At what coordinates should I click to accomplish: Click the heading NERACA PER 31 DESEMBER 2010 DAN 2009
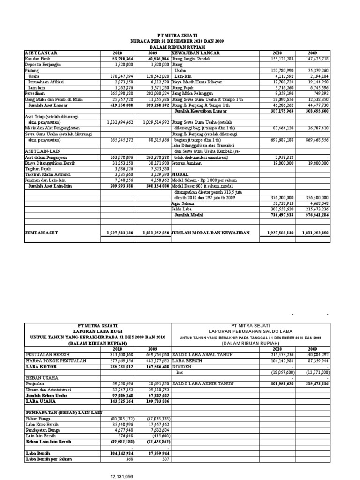coord(177,41)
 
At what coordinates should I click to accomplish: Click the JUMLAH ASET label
coord(41,232)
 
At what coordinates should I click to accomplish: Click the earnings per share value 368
coord(130,459)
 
